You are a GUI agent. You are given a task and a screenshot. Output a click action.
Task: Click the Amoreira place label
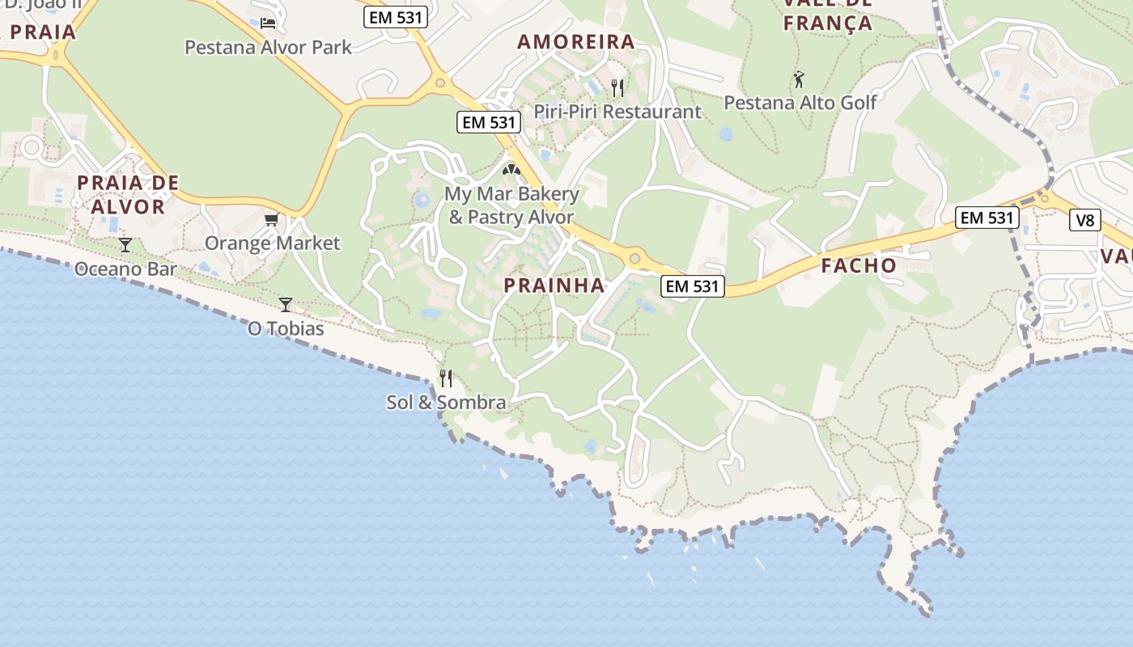tap(575, 42)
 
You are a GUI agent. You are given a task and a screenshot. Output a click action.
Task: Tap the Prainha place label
tap(554, 285)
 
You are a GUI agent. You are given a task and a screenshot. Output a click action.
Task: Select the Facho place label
tap(859, 265)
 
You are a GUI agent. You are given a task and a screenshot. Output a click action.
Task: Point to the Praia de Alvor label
tap(128, 194)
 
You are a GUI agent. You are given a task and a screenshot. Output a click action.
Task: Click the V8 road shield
tap(1084, 219)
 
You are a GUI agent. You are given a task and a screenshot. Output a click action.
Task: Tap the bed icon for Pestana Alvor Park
tap(268, 23)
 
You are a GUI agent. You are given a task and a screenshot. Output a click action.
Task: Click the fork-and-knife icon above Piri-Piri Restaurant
tap(617, 87)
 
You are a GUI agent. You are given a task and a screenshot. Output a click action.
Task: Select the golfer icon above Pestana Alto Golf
tap(800, 79)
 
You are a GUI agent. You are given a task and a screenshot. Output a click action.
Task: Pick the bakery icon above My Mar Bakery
tap(511, 170)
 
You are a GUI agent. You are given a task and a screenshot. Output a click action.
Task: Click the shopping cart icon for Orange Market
tap(272, 220)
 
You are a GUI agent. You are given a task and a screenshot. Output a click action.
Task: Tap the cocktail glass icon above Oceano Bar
tap(125, 244)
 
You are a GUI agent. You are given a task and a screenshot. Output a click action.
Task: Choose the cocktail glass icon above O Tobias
tap(286, 304)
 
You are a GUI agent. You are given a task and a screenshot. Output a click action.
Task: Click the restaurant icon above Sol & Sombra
tap(446, 378)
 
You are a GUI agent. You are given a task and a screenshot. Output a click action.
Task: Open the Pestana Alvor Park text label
tap(268, 47)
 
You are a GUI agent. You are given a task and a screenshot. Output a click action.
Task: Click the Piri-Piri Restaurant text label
tap(617, 112)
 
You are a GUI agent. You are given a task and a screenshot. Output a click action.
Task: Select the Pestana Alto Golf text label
tap(800, 103)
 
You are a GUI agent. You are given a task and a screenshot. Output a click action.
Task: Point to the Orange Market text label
tap(272, 243)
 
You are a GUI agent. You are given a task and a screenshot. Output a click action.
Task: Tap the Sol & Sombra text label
tap(446, 402)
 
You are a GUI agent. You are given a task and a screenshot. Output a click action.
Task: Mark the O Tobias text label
tap(286, 328)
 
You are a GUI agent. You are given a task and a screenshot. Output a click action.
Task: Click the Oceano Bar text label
tap(125, 269)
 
